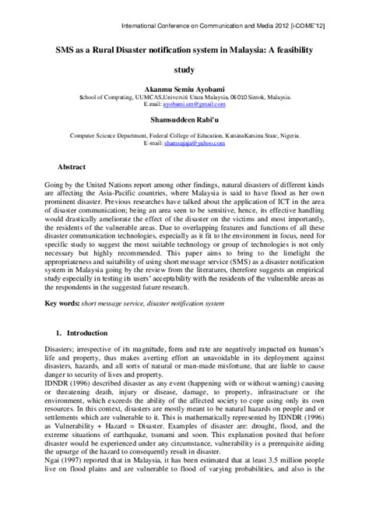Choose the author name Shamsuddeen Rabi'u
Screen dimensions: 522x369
point(184,119)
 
